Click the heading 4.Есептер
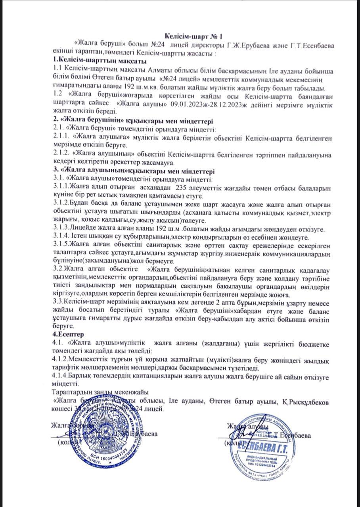tap(67, 334)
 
